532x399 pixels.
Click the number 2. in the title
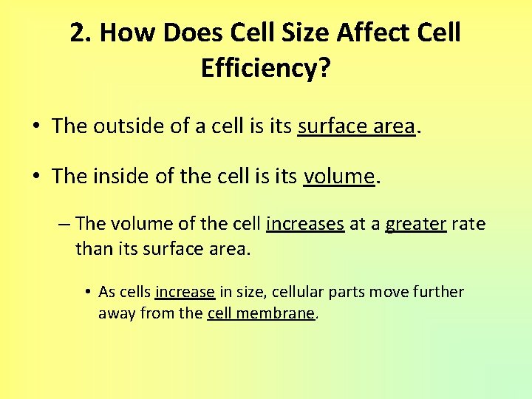[81, 33]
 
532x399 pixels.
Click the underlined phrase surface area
[355, 126]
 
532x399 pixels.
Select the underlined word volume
[338, 177]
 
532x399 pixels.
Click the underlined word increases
[305, 224]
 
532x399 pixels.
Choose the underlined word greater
[415, 224]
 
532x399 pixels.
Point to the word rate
[468, 224]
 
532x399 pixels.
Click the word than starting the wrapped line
[93, 249]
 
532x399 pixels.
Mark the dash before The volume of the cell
[65, 224]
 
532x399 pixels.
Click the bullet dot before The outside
[35, 127]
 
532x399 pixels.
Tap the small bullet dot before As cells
[88, 293]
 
